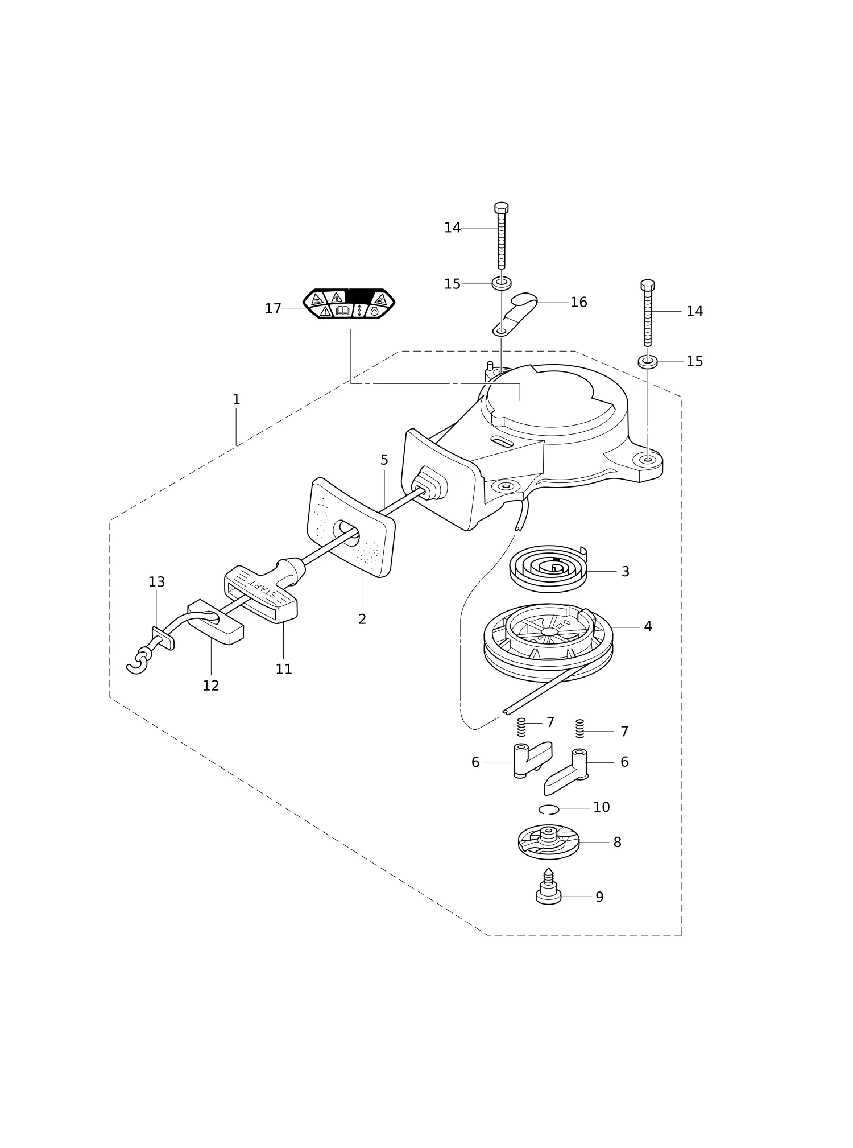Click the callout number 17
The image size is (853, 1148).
click(273, 309)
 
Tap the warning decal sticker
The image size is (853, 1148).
click(349, 304)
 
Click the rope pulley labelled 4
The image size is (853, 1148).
click(548, 643)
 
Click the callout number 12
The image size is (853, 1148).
click(211, 686)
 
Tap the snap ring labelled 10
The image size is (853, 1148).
click(549, 810)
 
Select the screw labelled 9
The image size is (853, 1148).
click(548, 887)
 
